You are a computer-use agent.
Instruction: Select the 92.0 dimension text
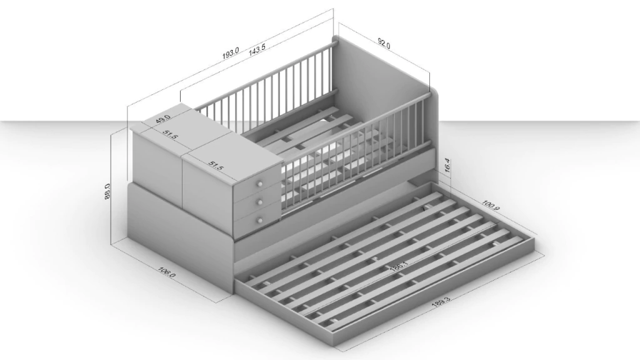pyautogui.click(x=384, y=43)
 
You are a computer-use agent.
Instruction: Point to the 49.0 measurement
pyautogui.click(x=163, y=119)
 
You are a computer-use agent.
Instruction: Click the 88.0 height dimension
pyautogui.click(x=107, y=191)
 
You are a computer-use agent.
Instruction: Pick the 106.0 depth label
pyautogui.click(x=166, y=272)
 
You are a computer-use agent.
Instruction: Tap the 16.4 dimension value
pyautogui.click(x=447, y=165)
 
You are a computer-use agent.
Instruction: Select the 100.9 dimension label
pyautogui.click(x=491, y=205)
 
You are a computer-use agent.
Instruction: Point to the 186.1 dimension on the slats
pyautogui.click(x=399, y=266)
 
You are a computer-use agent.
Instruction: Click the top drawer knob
pyautogui.click(x=259, y=185)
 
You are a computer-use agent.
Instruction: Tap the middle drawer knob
pyautogui.click(x=259, y=202)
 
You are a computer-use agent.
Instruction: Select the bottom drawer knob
pyautogui.click(x=259, y=221)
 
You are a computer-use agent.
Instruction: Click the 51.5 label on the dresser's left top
pyautogui.click(x=170, y=135)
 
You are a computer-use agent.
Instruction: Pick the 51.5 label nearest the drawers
pyautogui.click(x=216, y=166)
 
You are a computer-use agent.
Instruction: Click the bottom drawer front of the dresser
pyautogui.click(x=256, y=222)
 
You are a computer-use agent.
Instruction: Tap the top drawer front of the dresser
pyautogui.click(x=257, y=184)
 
